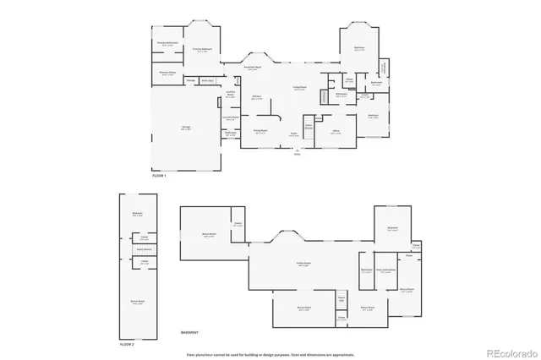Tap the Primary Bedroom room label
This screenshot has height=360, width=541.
(201, 50)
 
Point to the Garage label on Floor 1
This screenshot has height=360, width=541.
(184, 127)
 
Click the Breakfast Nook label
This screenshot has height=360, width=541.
(252, 68)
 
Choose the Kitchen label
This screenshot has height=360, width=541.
(256, 98)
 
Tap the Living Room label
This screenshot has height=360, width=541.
(299, 87)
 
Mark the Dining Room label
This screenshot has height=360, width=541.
(260, 131)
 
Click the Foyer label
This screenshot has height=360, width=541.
(293, 134)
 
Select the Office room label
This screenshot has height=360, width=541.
(336, 132)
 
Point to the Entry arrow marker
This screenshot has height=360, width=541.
(297, 153)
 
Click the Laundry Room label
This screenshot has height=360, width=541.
(230, 95)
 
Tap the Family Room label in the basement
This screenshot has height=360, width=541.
(302, 265)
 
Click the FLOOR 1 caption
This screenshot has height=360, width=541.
(159, 175)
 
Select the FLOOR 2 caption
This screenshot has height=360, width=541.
(127, 345)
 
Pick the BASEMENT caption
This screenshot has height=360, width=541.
(192, 332)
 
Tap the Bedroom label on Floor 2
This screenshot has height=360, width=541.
(137, 214)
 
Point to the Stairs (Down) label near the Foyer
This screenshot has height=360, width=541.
(309, 127)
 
